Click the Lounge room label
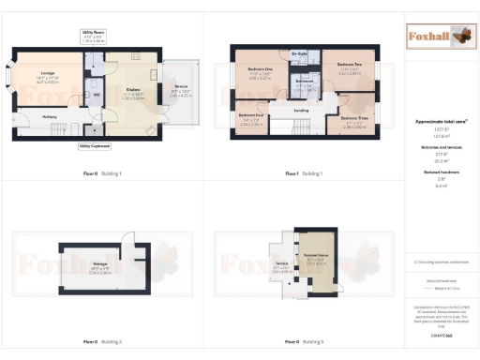click(x=47, y=76)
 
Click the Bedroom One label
click(x=260, y=70)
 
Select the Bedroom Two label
click(x=349, y=66)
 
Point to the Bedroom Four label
click(x=250, y=120)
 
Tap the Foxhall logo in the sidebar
click(x=437, y=37)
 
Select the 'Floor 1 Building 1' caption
click(x=303, y=173)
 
